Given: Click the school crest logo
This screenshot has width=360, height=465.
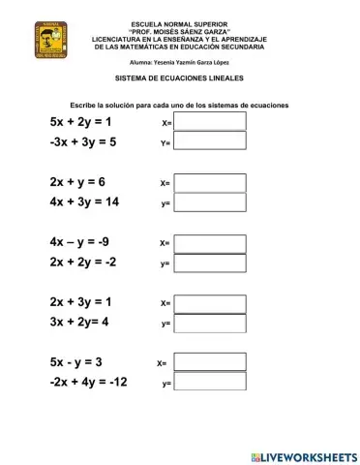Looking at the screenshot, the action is point(50,42).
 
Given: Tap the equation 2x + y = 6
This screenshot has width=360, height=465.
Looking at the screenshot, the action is point(76,182).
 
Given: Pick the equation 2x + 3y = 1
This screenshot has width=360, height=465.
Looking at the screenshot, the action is point(80,302).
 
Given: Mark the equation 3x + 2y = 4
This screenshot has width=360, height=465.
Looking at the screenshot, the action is point(78,322).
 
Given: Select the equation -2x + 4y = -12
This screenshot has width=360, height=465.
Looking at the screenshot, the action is point(88,382).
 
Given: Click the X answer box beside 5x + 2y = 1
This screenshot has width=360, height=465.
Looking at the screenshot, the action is point(210,121).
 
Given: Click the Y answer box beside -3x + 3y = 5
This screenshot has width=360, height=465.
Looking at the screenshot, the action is point(210,140).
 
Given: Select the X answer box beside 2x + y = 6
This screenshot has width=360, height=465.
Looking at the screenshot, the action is point(210,181).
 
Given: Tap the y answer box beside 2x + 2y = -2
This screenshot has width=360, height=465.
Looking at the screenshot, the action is point(210,263).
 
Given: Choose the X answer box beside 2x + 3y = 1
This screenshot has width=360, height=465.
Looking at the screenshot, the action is point(210,302).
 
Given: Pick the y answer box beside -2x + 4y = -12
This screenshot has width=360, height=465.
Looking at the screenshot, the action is point(210,383).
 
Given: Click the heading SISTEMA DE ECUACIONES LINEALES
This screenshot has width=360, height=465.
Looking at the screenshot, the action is point(179,77).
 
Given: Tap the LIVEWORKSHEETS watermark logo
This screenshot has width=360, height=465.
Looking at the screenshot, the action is point(303,455).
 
